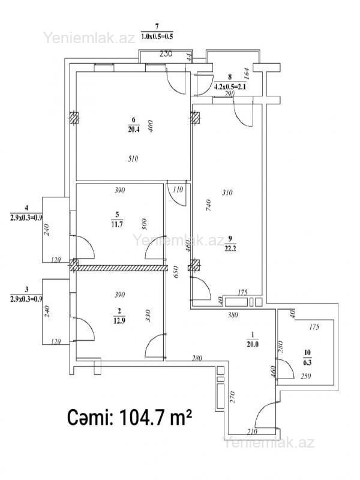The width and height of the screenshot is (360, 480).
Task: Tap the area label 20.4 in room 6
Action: click(x=133, y=130)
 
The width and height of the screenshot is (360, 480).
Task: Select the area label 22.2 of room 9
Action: click(x=230, y=248)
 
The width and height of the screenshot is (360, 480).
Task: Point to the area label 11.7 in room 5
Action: click(x=117, y=224)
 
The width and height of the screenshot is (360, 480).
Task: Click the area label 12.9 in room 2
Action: click(x=119, y=321)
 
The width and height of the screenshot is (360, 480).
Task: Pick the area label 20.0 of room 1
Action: click(x=253, y=344)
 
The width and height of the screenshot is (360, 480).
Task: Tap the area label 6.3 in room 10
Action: click(x=307, y=363)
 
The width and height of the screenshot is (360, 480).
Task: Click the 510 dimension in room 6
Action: click(x=133, y=158)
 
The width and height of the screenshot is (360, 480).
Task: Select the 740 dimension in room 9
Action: click(x=208, y=205)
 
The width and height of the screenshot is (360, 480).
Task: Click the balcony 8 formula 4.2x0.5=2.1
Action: click(x=230, y=86)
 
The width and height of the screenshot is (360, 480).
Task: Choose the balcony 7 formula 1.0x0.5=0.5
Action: click(x=157, y=37)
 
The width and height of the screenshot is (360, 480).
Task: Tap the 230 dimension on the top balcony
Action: click(x=166, y=54)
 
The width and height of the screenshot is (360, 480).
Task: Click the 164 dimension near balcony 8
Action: click(x=247, y=73)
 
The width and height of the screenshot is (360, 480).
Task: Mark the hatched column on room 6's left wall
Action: click(x=73, y=118)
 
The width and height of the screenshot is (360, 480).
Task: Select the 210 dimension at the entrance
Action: click(x=252, y=431)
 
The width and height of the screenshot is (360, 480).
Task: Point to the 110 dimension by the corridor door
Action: click(x=178, y=189)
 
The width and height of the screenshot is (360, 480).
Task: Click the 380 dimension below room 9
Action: click(x=233, y=314)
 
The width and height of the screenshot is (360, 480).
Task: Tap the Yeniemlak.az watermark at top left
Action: click(x=89, y=38)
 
